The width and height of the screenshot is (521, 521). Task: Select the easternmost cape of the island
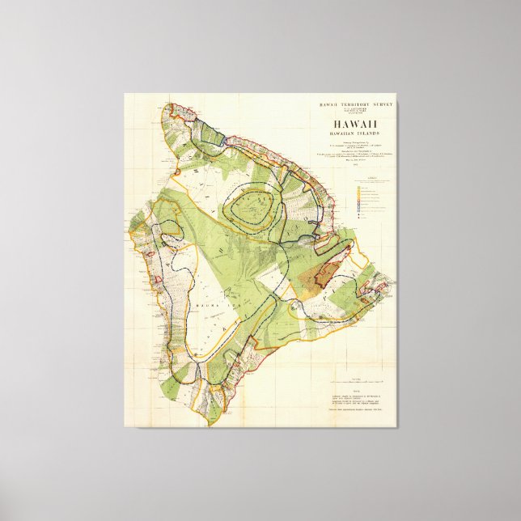(x=395, y=283)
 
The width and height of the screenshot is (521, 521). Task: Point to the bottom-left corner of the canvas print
(x=124, y=427)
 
